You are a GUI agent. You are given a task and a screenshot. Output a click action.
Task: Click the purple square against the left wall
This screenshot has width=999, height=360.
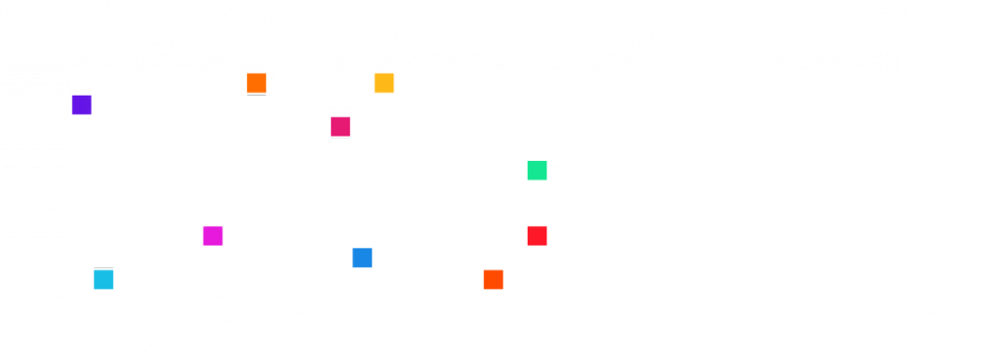click(x=81, y=104)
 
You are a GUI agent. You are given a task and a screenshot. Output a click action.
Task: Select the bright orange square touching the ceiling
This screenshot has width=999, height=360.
click(x=257, y=83)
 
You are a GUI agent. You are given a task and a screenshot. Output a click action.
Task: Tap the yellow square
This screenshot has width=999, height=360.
click(x=384, y=83)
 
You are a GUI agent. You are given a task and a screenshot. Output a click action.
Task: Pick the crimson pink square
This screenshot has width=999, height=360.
click(x=340, y=127)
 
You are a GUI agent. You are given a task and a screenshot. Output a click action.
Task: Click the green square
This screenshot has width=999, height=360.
click(x=537, y=170)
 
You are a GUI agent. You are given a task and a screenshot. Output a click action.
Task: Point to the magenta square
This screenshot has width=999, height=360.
click(x=213, y=236)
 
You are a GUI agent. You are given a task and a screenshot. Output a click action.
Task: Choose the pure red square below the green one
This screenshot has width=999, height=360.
click(x=537, y=236)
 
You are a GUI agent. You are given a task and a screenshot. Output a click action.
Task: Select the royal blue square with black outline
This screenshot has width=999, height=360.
click(x=362, y=259)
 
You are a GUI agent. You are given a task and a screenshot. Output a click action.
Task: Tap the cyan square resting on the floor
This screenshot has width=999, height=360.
click(x=103, y=280)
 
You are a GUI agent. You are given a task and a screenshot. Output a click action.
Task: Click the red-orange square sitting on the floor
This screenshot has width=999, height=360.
click(x=493, y=280)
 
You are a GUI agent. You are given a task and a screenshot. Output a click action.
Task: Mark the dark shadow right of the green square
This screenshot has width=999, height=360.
click(x=553, y=170)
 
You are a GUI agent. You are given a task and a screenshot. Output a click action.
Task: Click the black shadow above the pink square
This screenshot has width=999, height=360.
click(x=337, y=110)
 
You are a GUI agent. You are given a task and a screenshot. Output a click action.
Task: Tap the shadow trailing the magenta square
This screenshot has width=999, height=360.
click(x=228, y=237)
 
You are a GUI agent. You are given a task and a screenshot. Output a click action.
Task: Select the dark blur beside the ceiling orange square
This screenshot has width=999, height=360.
click(x=272, y=83)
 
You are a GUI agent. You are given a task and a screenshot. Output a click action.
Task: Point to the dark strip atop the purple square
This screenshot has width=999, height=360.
click(x=81, y=91)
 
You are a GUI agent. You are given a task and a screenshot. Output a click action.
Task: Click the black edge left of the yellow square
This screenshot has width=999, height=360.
click(x=372, y=83)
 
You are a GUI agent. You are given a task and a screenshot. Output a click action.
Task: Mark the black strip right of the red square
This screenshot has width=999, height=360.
click(x=550, y=236)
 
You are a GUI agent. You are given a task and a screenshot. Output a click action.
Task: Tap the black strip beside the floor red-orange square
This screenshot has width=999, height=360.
click(x=505, y=280)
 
